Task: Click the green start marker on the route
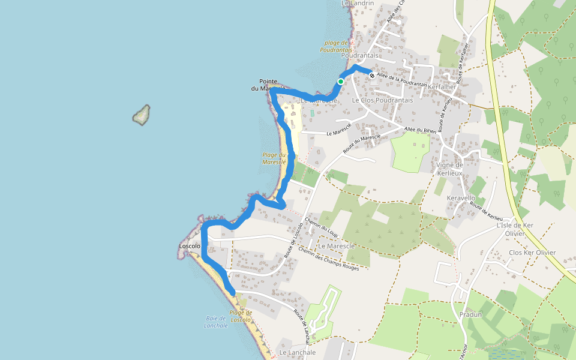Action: [341, 82]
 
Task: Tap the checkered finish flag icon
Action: [372, 76]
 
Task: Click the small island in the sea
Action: [142, 115]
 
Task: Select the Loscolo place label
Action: [190, 246]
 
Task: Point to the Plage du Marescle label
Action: [274, 158]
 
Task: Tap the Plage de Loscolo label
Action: [241, 316]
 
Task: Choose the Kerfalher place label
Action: [443, 87]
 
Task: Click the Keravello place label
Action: [461, 198]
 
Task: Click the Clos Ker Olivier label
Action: [532, 253]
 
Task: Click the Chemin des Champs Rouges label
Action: [328, 259]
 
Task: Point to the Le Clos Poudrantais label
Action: [382, 100]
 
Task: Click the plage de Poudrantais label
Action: [336, 46]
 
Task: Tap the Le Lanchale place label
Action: [298, 353]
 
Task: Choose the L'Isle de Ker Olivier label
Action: [515, 229]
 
